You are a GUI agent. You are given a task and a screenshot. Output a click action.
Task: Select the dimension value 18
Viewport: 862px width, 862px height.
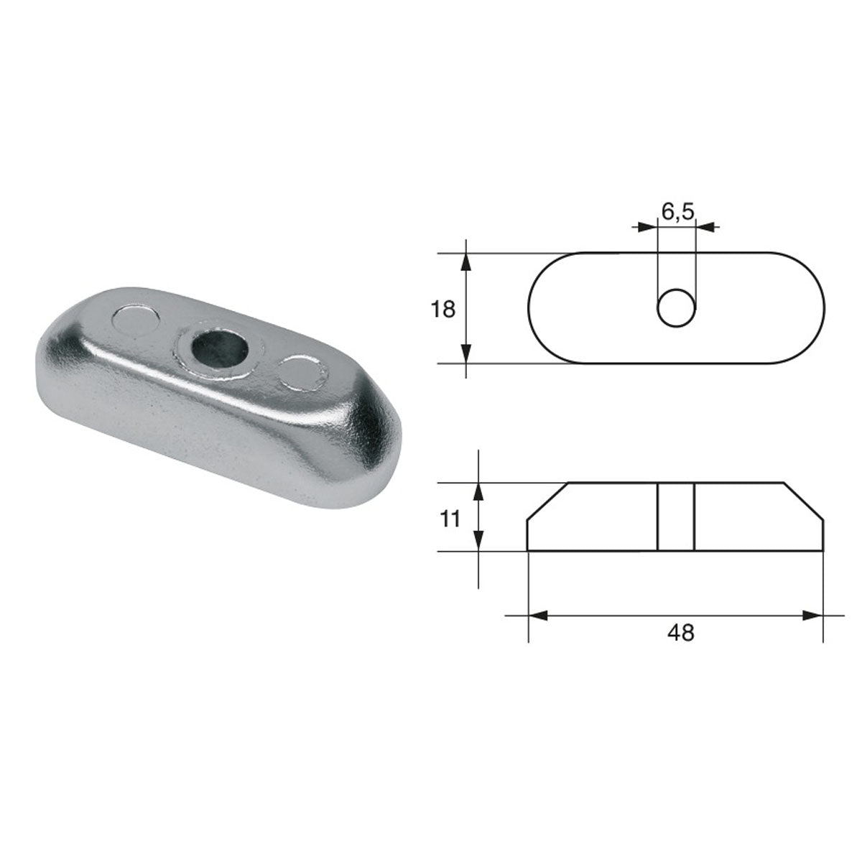[x=443, y=310]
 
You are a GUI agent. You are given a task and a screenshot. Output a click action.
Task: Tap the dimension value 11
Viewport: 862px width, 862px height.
[x=450, y=518]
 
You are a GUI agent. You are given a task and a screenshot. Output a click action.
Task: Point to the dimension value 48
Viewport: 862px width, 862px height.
[x=680, y=633]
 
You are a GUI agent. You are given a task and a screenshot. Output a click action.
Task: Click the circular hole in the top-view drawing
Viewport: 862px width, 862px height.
[x=677, y=310]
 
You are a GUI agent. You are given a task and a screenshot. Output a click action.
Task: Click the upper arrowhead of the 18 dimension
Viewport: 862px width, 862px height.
[x=467, y=263]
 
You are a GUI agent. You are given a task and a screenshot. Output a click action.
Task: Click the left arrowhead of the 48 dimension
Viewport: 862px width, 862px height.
[x=538, y=616]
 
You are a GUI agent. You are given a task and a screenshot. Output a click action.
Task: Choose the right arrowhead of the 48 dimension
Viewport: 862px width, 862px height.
[x=812, y=616]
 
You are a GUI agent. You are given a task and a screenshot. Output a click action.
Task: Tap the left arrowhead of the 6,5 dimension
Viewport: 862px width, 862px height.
[x=649, y=227]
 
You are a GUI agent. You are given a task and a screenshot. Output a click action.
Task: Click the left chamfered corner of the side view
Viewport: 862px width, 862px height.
[x=547, y=501]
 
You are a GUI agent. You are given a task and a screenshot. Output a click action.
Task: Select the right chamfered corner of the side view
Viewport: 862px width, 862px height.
[x=804, y=501]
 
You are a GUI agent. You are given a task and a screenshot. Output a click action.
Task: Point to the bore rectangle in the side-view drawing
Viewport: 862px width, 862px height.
[x=676, y=517]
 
